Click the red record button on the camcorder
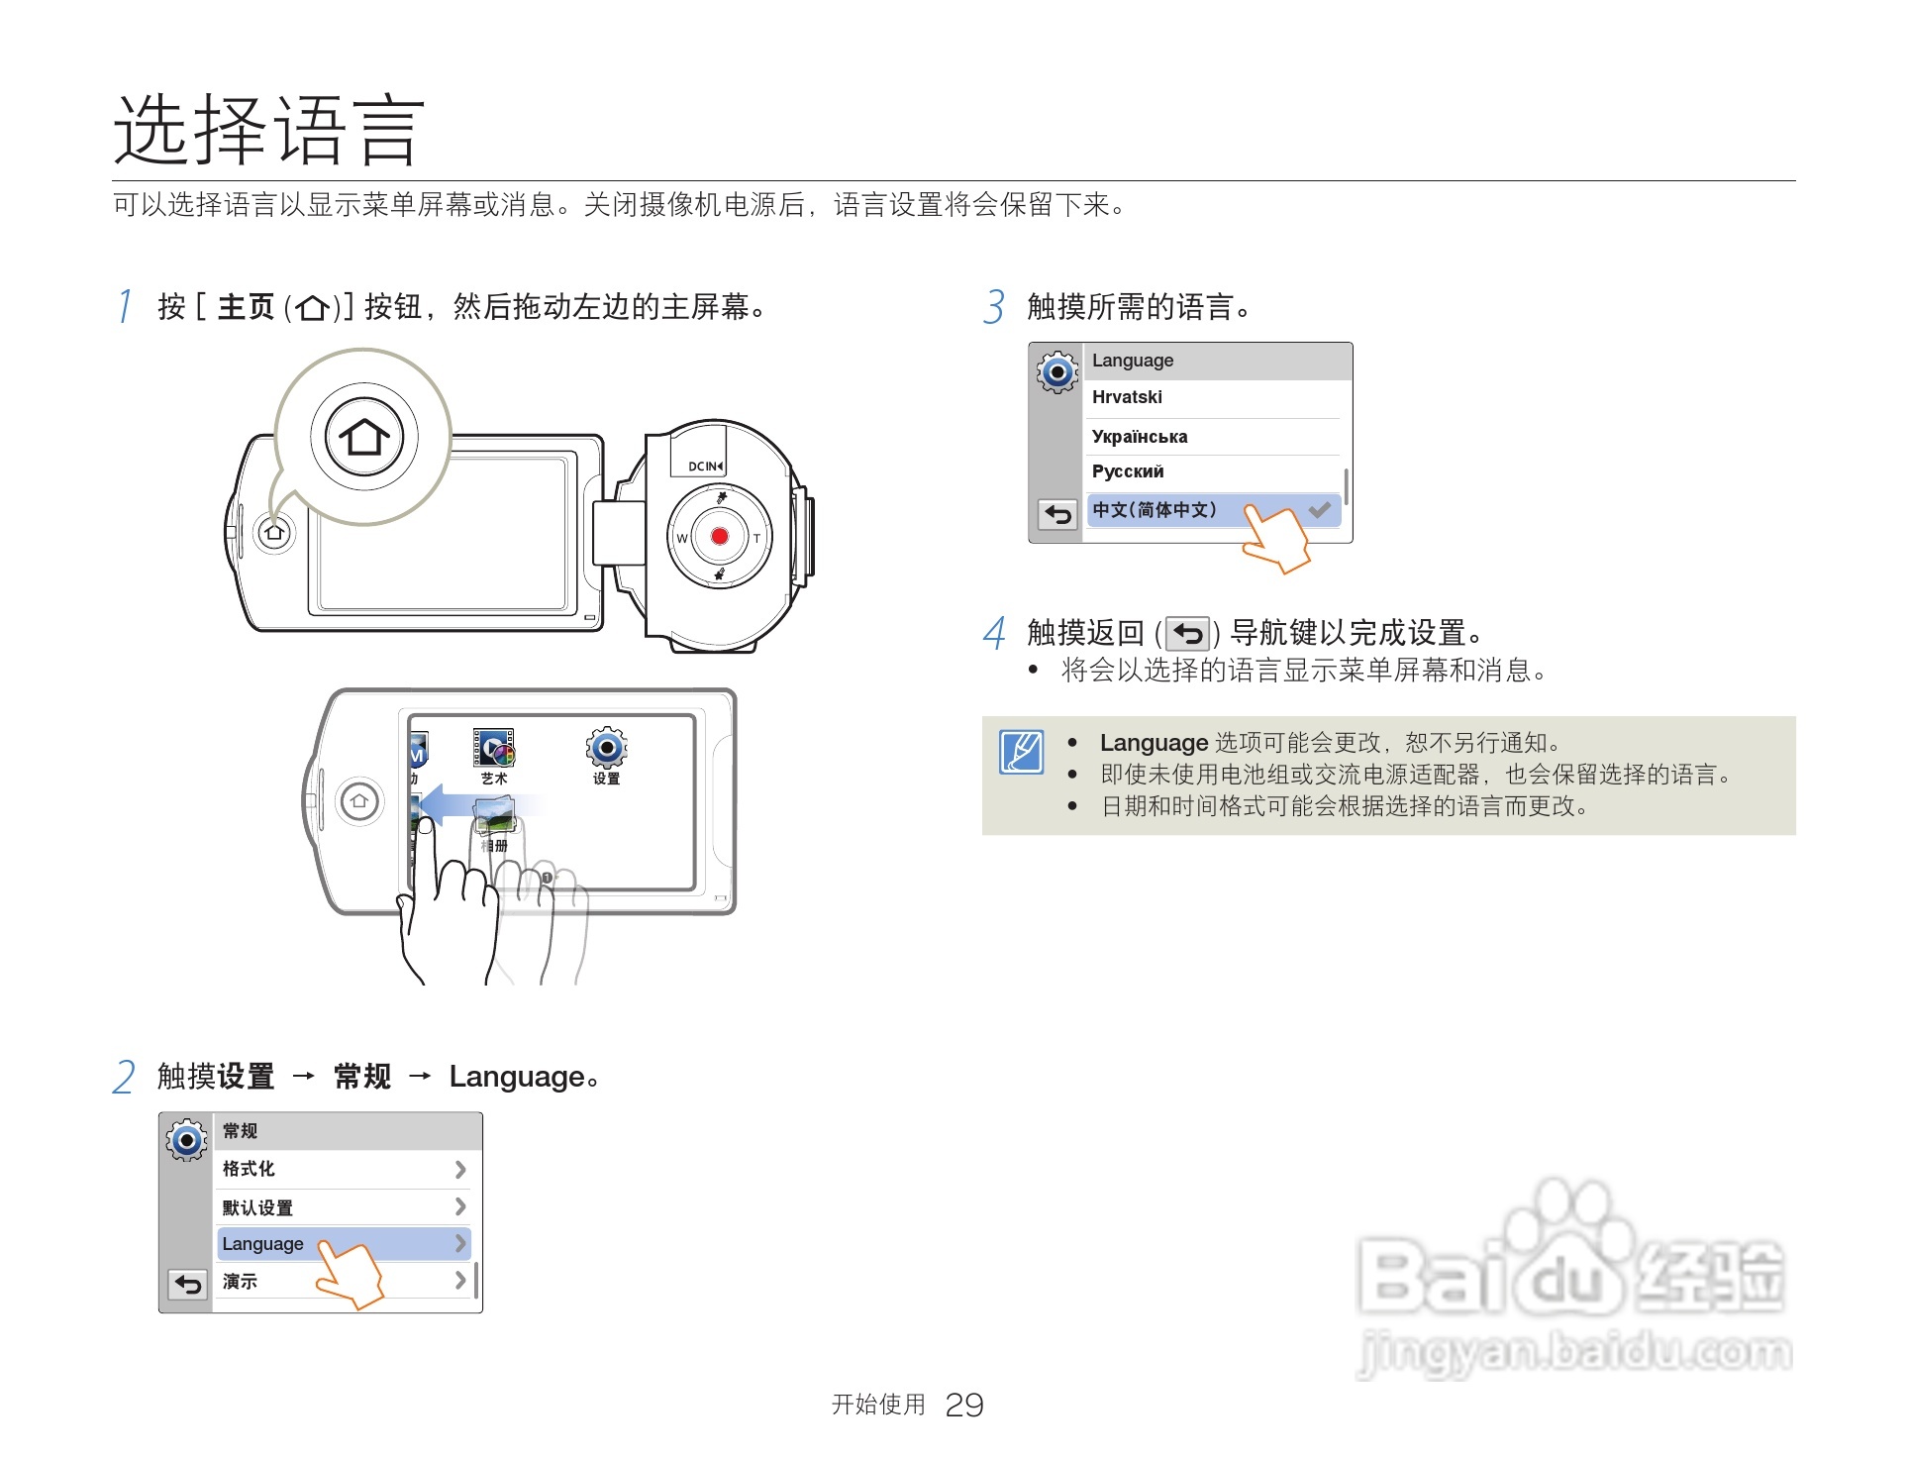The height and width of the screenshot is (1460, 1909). [x=720, y=536]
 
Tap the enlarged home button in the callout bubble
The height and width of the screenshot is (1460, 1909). [x=363, y=436]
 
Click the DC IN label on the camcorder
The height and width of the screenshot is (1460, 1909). [x=705, y=466]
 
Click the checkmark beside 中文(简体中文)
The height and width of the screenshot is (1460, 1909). [x=1319, y=510]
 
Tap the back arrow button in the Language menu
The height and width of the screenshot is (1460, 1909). [x=1057, y=514]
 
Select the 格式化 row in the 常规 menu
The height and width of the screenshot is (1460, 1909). [x=342, y=1169]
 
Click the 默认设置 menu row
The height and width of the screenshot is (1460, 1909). [x=342, y=1207]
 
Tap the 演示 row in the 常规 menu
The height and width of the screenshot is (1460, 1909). [x=342, y=1281]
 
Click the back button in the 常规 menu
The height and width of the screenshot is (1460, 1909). [x=187, y=1285]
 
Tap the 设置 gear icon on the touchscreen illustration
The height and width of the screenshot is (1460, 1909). [x=606, y=748]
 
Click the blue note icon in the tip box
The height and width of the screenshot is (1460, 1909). [x=1021, y=752]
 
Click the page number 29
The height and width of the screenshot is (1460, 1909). [x=963, y=1405]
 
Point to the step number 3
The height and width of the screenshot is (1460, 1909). [x=994, y=307]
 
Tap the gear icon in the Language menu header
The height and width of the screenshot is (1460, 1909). [x=1057, y=372]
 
